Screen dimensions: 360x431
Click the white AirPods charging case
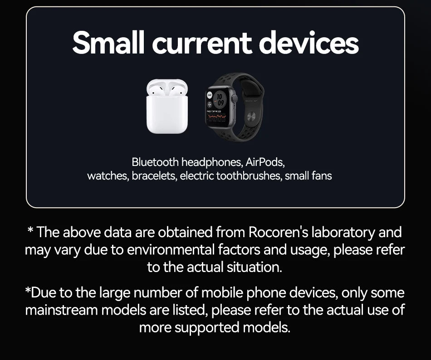[167, 109]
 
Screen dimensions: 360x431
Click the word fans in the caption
[321, 175]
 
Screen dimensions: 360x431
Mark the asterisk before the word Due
[28, 291]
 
